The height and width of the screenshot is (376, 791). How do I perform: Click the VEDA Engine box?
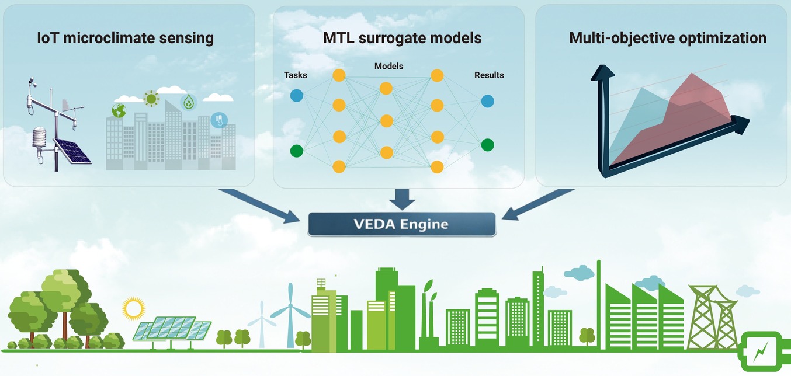402,224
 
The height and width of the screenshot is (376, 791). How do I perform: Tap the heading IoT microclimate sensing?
126,38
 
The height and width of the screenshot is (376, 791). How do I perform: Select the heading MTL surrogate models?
402,38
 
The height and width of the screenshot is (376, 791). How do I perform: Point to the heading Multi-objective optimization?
668,38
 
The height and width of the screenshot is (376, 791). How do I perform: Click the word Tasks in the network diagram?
295,75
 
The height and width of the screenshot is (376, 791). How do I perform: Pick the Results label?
489,75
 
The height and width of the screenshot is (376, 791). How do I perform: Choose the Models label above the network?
389,66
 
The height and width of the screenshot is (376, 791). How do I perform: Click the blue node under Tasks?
297,96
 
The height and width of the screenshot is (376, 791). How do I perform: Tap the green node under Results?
488,145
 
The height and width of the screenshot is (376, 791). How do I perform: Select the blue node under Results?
488,101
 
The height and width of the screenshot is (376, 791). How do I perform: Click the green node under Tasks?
297,151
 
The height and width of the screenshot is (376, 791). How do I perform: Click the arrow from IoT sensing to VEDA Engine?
259,206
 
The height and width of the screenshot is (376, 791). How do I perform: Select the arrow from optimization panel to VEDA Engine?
538,204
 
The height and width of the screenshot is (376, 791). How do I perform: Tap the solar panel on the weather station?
72,151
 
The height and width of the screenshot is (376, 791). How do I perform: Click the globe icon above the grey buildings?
119,110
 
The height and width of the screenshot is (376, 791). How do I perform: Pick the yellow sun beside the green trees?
133,308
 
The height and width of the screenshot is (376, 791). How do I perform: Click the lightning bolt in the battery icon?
760,352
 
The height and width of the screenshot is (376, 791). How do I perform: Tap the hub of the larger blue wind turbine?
290,305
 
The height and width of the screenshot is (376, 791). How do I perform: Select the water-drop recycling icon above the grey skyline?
189,102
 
